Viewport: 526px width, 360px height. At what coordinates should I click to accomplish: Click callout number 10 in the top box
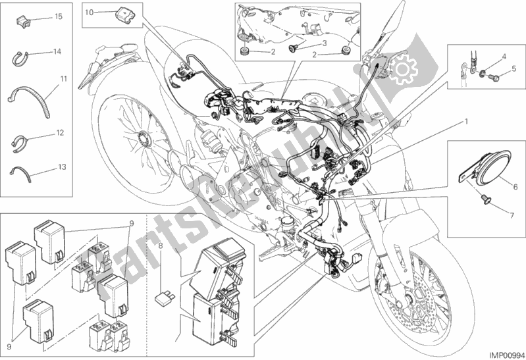point(90,12)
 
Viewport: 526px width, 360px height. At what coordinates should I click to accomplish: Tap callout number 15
point(59,14)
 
